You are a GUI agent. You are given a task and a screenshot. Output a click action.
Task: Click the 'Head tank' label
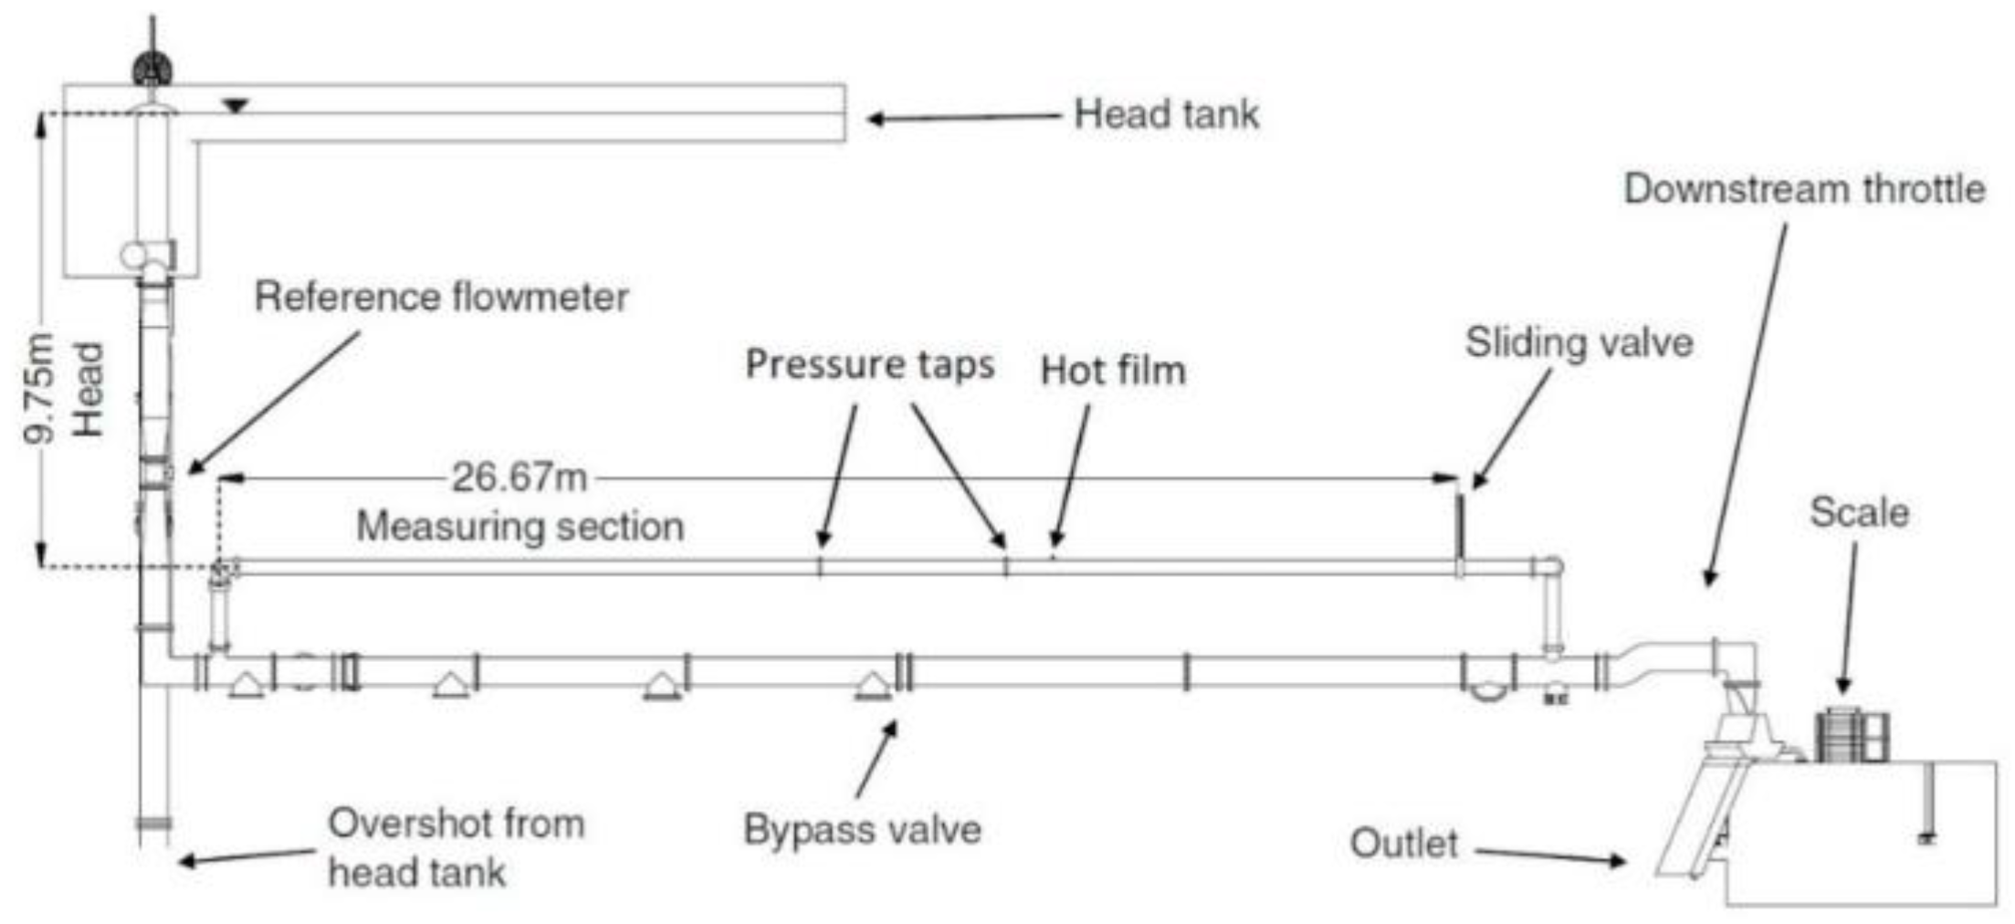(x=1166, y=115)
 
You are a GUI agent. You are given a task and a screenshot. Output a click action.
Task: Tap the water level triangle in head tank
(x=236, y=107)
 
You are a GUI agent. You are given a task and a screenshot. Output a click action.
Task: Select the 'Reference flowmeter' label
(x=441, y=298)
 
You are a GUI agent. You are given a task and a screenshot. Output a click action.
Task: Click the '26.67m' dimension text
(x=519, y=478)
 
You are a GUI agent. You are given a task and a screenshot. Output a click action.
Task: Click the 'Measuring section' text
(x=519, y=527)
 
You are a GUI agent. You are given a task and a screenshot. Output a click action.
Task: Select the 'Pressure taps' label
(x=869, y=364)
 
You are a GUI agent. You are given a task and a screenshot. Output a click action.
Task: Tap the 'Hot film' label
(x=1113, y=371)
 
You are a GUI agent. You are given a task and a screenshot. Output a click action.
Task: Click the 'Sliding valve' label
(x=1579, y=343)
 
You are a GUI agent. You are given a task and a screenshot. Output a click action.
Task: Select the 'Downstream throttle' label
(x=1803, y=189)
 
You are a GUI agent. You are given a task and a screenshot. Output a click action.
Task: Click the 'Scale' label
(x=1859, y=512)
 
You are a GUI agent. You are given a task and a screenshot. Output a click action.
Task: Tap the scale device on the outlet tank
(x=1852, y=735)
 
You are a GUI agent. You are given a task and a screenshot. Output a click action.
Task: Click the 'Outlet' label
(x=1403, y=844)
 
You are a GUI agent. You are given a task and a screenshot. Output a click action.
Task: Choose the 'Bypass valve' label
(x=862, y=830)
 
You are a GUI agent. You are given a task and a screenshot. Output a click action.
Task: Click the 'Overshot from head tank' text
(x=456, y=847)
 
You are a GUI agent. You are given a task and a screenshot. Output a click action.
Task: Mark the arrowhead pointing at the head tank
(x=875, y=119)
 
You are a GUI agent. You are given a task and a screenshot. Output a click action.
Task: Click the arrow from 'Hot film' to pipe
(x=1071, y=475)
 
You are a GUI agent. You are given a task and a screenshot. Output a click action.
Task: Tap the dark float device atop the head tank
(x=152, y=69)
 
